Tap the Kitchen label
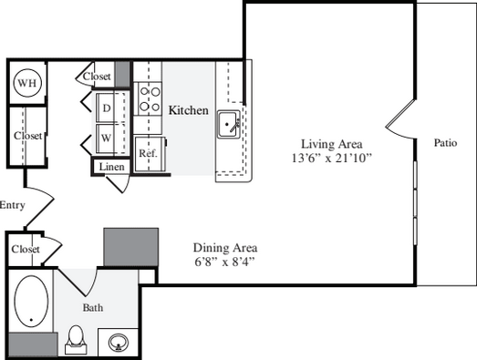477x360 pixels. point(189,110)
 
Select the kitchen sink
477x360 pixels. point(228,124)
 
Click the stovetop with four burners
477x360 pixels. point(148,98)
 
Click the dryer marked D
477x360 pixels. point(110,108)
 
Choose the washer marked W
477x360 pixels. point(110,139)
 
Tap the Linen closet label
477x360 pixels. point(111,167)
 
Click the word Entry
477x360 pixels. point(13,206)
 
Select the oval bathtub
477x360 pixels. point(31,302)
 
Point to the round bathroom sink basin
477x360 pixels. point(119,343)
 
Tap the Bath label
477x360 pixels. point(93,308)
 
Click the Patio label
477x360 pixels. point(445,142)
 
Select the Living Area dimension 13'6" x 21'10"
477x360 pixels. point(332,158)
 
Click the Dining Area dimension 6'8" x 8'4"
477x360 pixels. point(224,262)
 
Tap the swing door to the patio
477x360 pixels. point(400,119)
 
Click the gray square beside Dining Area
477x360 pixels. point(131,247)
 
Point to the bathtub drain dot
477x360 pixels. point(31,320)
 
